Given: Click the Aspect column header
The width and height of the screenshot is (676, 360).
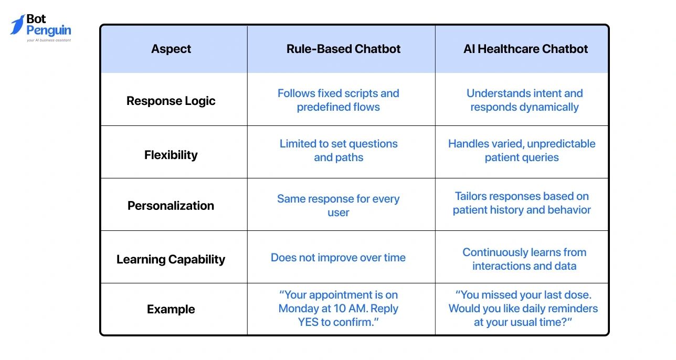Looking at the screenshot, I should click(x=171, y=49).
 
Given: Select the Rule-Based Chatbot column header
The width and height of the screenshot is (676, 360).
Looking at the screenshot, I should click(x=343, y=49).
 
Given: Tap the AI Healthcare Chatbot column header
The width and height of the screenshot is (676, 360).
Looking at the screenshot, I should click(x=525, y=49).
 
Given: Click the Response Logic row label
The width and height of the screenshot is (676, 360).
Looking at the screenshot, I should click(x=171, y=101).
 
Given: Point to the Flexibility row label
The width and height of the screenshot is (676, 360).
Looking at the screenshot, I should click(x=171, y=155).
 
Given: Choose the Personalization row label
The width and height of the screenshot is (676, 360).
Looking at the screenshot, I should click(x=171, y=206).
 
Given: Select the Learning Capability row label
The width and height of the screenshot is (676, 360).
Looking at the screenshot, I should click(x=171, y=259).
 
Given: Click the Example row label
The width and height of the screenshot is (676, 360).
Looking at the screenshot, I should click(x=171, y=309).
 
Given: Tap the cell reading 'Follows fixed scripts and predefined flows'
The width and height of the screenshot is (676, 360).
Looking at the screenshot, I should click(x=339, y=100).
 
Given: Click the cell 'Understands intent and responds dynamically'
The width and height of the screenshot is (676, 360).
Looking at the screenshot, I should click(x=524, y=100).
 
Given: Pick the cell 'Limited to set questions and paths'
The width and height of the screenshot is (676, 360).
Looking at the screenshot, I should click(x=339, y=151).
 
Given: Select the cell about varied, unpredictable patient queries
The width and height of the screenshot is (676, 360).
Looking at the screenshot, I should click(x=522, y=151).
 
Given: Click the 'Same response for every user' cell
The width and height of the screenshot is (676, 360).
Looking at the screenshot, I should click(x=339, y=206).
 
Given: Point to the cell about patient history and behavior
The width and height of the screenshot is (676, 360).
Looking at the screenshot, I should click(x=522, y=203).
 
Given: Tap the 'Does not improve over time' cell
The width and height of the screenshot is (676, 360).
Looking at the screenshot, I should click(x=339, y=258).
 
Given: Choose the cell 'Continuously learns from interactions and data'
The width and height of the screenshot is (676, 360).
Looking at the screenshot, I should click(x=524, y=259).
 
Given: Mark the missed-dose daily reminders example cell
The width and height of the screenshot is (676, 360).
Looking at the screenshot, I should click(x=523, y=309).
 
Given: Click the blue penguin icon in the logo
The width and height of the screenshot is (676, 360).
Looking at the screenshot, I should click(x=17, y=25).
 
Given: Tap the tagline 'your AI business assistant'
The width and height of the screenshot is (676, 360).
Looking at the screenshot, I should click(x=49, y=40).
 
